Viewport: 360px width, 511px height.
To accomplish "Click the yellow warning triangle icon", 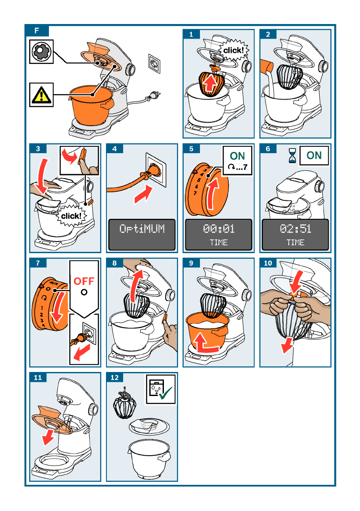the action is coord(41,95).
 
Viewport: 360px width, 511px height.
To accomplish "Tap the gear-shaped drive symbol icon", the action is coord(41,51).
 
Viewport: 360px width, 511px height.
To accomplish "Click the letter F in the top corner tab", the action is coord(36,30).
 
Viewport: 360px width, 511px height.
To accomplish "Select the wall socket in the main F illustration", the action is coord(154,63).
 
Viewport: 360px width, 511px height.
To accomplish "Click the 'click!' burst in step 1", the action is coord(233,50).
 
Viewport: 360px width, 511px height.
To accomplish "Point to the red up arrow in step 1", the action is coord(210,83).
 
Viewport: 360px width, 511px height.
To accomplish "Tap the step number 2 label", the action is coord(268,34).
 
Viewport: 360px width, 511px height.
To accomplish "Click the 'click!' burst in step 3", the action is coord(71,215).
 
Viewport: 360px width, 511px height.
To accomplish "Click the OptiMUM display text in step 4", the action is coord(142,229).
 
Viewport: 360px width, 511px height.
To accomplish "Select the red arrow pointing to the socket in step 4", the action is coord(143,194).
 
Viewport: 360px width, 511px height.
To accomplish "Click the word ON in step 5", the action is coord(237,156).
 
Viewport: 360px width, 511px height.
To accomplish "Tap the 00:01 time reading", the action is coord(218,229).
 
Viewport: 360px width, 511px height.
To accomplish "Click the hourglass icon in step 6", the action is coord(292,155).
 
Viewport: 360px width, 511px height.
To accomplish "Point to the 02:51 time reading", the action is coord(295,229).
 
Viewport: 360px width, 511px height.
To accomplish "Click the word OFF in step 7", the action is coord(84,281).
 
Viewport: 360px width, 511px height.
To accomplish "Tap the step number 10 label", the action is coord(268,263).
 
